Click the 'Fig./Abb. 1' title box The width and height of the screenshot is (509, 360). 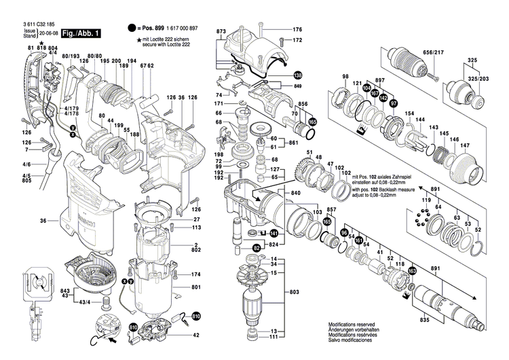point(81,33)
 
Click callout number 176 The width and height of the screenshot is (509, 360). point(297,30)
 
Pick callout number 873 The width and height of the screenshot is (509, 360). point(221,33)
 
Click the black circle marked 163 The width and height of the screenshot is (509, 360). point(411,272)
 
